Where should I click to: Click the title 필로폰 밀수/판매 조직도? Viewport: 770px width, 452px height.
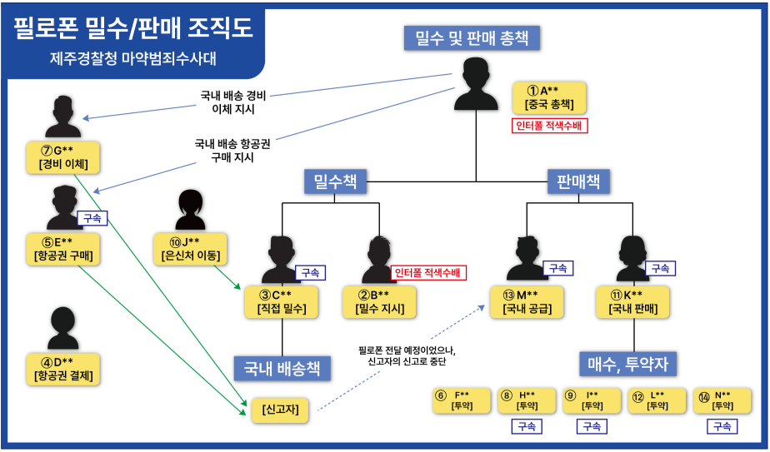(x=133, y=29)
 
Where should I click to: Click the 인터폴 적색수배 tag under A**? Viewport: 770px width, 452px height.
(x=550, y=127)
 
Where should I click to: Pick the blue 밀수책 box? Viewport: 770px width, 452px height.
(x=336, y=181)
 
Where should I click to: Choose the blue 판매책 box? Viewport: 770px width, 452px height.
(x=578, y=181)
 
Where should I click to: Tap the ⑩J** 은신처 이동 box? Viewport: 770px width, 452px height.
(x=192, y=248)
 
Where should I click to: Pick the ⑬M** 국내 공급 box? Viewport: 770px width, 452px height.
(x=532, y=301)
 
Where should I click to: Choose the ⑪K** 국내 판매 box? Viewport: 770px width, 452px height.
(x=632, y=301)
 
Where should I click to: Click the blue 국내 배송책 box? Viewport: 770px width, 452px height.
(x=282, y=367)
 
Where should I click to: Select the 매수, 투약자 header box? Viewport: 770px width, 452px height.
(x=627, y=364)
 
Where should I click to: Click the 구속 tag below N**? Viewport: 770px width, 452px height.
(x=721, y=426)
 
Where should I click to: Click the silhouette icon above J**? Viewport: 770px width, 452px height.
(x=190, y=210)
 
